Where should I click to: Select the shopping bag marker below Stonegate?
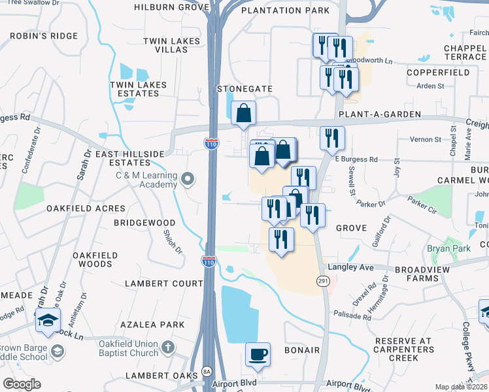(x=243, y=114)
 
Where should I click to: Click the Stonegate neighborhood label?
(x=244, y=88)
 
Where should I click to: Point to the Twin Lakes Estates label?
(x=138, y=89)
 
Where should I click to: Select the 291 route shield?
(x=323, y=280)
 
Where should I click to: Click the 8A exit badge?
(x=207, y=371)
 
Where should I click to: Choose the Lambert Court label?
(x=165, y=284)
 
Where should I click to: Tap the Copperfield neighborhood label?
(x=438, y=73)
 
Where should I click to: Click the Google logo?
(x=22, y=384)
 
